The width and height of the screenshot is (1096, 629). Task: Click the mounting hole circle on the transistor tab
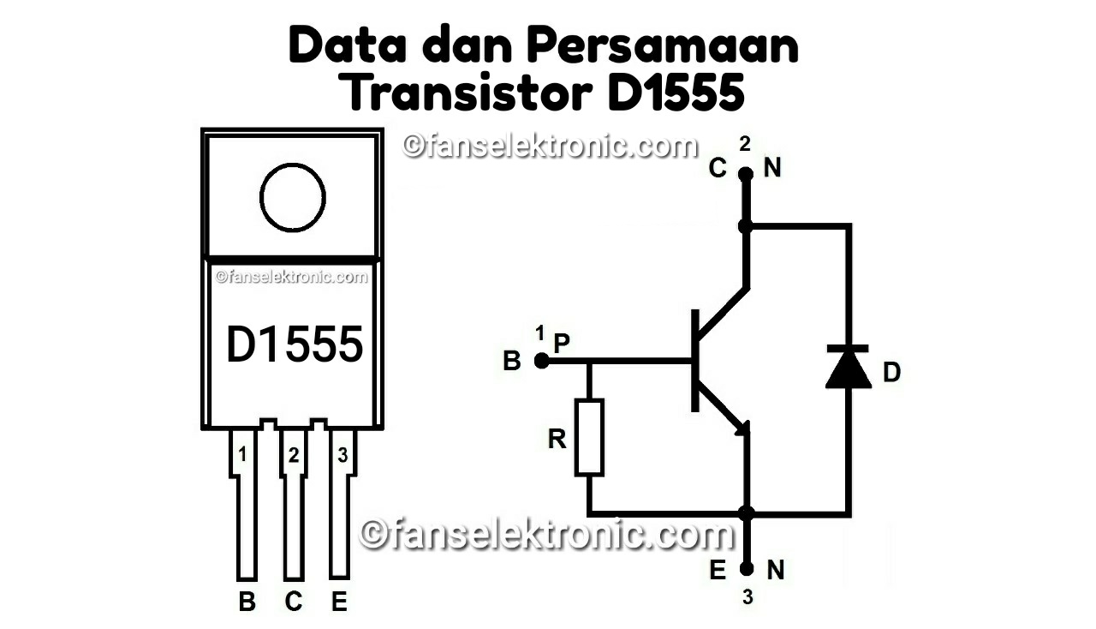pyautogui.click(x=293, y=197)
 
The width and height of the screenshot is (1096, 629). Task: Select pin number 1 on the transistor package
pyautogui.click(x=243, y=455)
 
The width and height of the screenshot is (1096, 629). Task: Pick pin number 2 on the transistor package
pyautogui.click(x=294, y=456)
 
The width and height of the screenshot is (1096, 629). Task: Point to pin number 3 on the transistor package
pyautogui.click(x=342, y=455)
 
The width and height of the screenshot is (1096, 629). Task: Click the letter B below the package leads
pyautogui.click(x=247, y=602)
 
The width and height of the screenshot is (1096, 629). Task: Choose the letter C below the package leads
pyautogui.click(x=294, y=602)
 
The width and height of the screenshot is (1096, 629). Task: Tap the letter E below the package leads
pyautogui.click(x=339, y=602)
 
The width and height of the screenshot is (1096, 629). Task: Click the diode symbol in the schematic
pyautogui.click(x=848, y=367)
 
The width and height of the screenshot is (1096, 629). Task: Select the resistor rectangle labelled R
pyautogui.click(x=589, y=437)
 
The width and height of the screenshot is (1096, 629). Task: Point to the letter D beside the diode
pyautogui.click(x=891, y=373)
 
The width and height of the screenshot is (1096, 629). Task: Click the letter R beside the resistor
pyautogui.click(x=557, y=440)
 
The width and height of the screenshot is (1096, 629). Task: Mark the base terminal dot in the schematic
pyautogui.click(x=541, y=361)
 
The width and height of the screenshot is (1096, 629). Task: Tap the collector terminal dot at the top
pyautogui.click(x=746, y=174)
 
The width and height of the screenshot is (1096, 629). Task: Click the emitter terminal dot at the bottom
pyautogui.click(x=747, y=568)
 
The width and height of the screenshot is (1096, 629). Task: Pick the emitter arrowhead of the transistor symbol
pyautogui.click(x=742, y=426)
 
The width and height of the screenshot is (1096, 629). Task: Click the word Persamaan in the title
pyautogui.click(x=662, y=47)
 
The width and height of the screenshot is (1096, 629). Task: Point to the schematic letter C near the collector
pyautogui.click(x=718, y=169)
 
